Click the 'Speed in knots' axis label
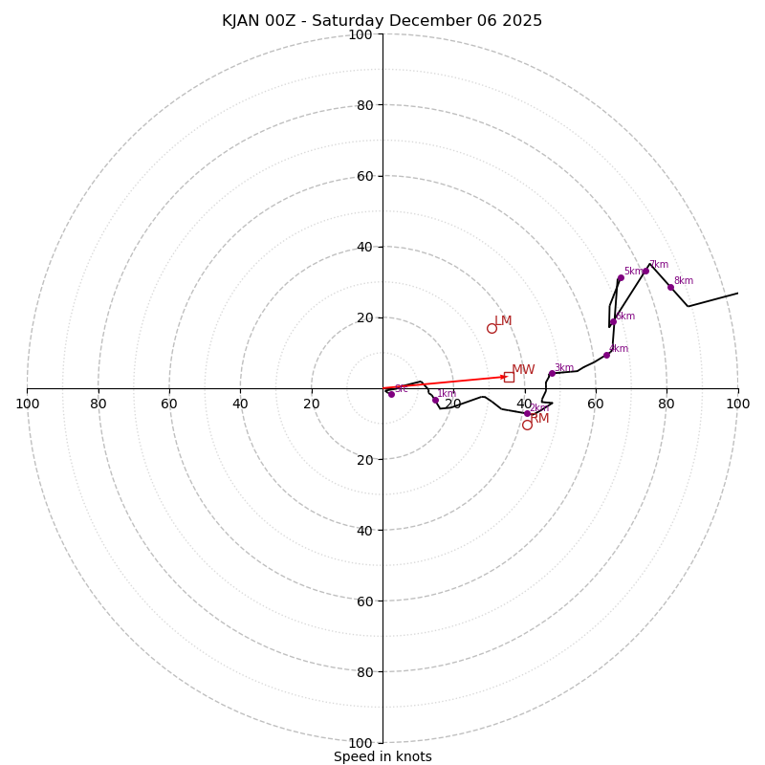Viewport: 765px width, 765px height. [382, 756]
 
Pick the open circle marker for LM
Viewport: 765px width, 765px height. [492, 328]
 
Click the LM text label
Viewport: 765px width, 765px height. [503, 321]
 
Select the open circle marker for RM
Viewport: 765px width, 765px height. [527, 425]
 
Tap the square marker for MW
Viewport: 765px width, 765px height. [509, 377]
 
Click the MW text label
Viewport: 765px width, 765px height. [523, 370]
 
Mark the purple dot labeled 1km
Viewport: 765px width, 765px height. [435, 400]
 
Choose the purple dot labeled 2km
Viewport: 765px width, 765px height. [527, 413]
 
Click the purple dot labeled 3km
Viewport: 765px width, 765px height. [552, 373]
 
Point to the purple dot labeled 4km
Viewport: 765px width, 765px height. [606, 355]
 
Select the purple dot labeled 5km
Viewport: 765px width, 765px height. [621, 277]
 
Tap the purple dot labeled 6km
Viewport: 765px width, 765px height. [613, 322]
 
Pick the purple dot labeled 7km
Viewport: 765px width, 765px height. [645, 271]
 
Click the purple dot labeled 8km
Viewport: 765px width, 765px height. [670, 287]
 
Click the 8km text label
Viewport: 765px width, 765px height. [683, 281]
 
